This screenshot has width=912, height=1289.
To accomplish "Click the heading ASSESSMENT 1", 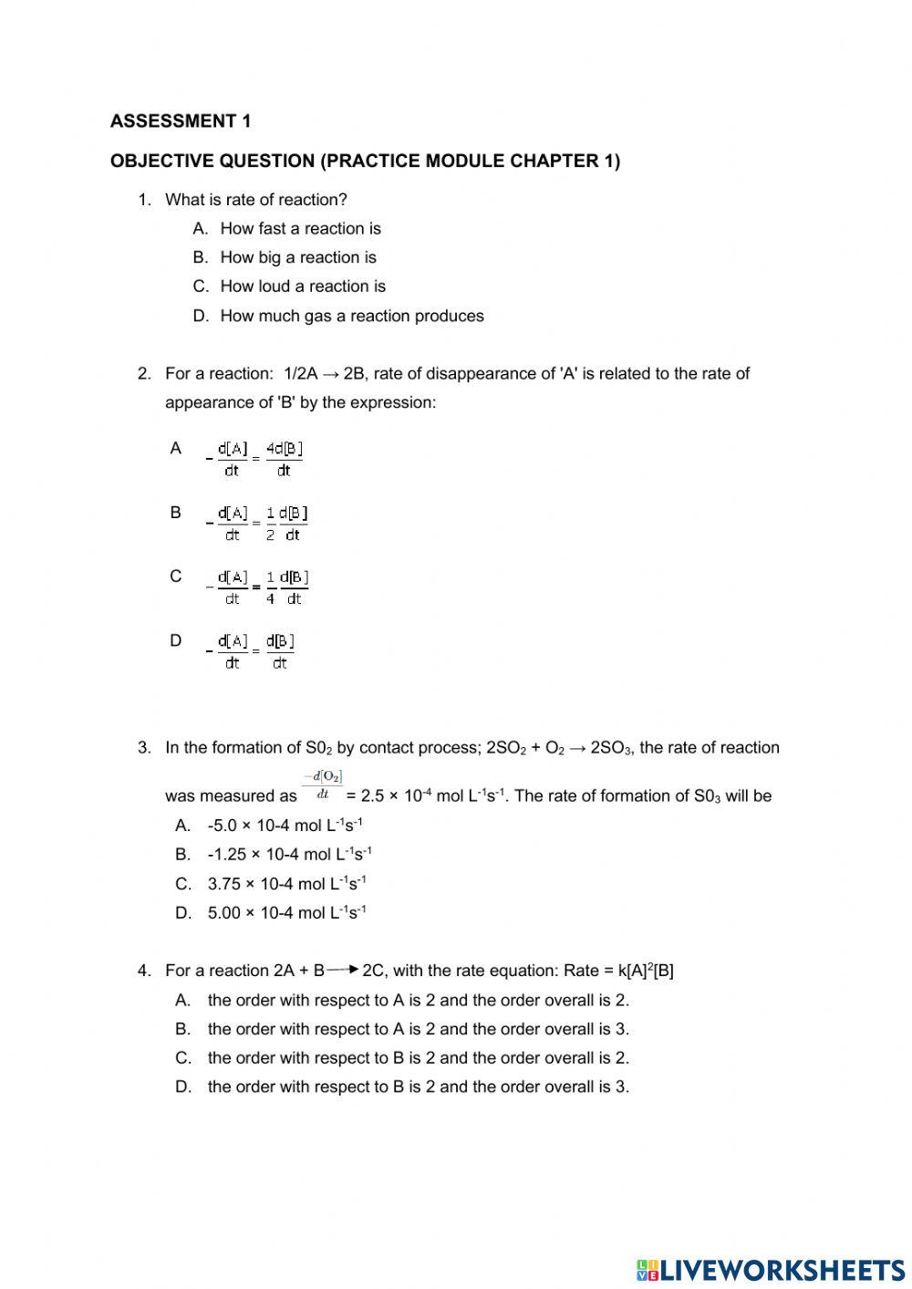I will (x=181, y=120).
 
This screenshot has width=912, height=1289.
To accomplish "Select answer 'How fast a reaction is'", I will (x=300, y=228).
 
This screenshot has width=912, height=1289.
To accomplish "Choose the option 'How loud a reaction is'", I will (x=303, y=286).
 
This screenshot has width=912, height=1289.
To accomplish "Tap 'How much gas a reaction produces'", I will (x=351, y=316).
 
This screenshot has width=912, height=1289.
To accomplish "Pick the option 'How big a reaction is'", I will (x=297, y=257).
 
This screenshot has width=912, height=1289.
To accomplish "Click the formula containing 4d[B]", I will (x=255, y=459).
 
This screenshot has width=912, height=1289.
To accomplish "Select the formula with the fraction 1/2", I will (x=257, y=523).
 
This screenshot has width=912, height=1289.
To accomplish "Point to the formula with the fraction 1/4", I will (x=257, y=587).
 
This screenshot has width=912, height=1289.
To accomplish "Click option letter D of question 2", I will (x=176, y=640).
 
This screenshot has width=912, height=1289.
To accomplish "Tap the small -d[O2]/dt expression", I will (x=322, y=785).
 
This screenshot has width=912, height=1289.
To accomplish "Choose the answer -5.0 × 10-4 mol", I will (x=285, y=825).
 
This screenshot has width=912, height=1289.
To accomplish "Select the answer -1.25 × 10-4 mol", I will (x=289, y=854).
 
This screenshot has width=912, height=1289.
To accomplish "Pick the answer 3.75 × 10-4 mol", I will (x=286, y=883).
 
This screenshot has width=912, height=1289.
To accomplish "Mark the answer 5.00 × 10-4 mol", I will (x=286, y=912).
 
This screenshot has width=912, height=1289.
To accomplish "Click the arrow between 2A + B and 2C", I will (x=342, y=969).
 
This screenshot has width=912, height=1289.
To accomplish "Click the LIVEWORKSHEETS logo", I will (x=771, y=1269).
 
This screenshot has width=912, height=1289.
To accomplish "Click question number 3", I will (x=144, y=747).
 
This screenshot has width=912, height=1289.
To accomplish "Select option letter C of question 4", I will (x=183, y=1057).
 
